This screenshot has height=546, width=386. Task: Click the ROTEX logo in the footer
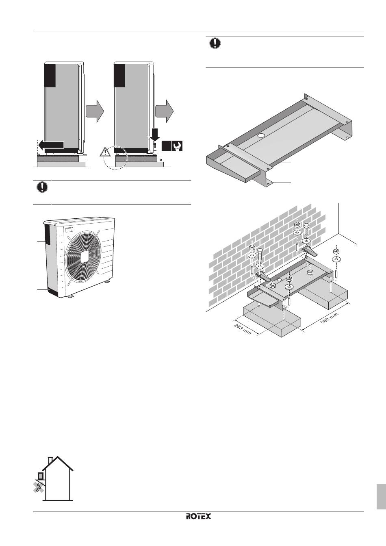(198, 516)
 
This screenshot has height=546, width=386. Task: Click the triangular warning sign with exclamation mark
(105, 152)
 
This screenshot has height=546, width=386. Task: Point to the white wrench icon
(177, 146)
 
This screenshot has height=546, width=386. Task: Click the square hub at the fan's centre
(85, 257)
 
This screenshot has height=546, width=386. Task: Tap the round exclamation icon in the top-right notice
(215, 43)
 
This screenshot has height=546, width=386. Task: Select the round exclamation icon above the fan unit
(42, 187)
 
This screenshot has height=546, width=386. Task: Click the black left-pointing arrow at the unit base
(51, 145)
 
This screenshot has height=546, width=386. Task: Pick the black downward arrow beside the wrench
(154, 135)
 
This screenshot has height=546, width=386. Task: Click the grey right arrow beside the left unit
(95, 111)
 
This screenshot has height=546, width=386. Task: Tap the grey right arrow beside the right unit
(165, 111)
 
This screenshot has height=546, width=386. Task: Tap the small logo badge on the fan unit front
(69, 230)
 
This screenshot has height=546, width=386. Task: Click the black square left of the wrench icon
(167, 146)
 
